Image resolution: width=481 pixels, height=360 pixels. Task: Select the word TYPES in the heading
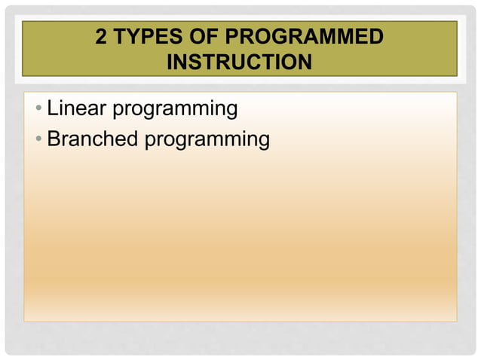pyautogui.click(x=145, y=37)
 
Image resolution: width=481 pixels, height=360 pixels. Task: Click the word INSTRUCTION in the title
pyautogui.click(x=239, y=62)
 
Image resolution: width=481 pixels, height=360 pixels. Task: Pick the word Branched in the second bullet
pyautogui.click(x=92, y=139)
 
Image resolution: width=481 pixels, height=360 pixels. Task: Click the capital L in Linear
pyautogui.click(x=53, y=109)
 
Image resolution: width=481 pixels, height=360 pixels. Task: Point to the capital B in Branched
pyautogui.click(x=54, y=139)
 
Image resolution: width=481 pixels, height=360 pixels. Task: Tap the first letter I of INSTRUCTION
pyautogui.click(x=170, y=62)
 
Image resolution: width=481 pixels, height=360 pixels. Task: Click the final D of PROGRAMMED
pyautogui.click(x=375, y=37)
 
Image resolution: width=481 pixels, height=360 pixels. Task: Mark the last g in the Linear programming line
pyautogui.click(x=231, y=112)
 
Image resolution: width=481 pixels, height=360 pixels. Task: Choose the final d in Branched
pyautogui.click(x=131, y=139)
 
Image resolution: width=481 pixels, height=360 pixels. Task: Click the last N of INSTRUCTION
pyautogui.click(x=304, y=62)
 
